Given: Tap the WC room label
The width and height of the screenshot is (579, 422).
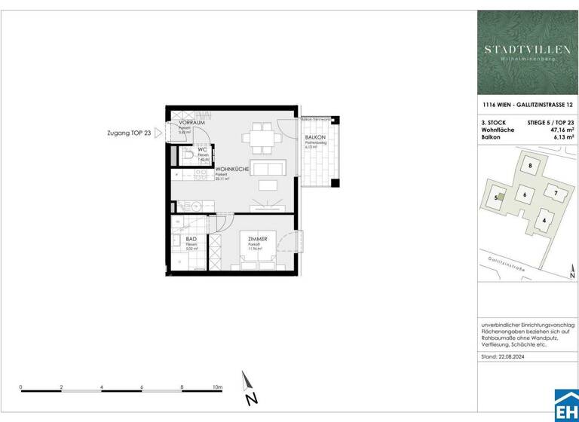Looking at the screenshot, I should click(202, 149).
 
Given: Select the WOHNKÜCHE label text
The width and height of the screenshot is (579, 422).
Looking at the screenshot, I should click(232, 170).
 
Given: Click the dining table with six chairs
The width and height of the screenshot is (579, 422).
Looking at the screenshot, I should click(258, 137).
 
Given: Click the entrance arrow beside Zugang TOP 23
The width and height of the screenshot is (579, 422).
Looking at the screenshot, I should click(158, 133).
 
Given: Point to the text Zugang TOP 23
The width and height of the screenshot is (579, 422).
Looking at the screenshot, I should click(129, 133).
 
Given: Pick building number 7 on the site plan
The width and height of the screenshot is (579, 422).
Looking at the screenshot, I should click(556, 193).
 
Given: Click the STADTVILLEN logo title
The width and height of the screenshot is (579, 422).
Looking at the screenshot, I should click(527, 50).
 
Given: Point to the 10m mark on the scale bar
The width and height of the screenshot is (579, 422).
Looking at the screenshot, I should click(217, 387).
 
